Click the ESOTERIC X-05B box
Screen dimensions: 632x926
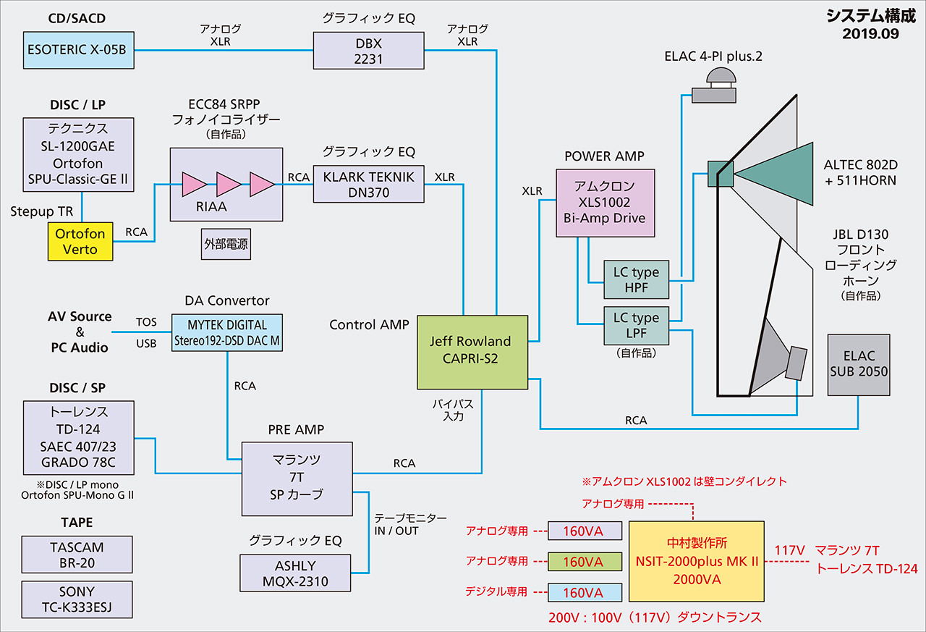click(x=79, y=50)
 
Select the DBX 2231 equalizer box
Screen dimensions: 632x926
click(x=368, y=50)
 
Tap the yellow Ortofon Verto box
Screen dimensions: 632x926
click(x=80, y=242)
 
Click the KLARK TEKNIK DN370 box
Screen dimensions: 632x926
click(x=368, y=184)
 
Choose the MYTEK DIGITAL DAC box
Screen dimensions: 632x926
click(x=227, y=333)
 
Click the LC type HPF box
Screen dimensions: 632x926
click(x=636, y=280)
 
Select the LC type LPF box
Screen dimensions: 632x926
click(x=636, y=325)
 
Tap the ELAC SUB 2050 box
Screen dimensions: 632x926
click(x=859, y=364)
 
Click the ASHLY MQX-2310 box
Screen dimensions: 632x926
click(x=294, y=573)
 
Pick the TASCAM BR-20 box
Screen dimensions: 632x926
click(x=77, y=555)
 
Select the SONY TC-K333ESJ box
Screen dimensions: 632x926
click(x=77, y=599)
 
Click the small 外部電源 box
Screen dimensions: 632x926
click(x=226, y=245)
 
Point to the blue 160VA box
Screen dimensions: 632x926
click(x=585, y=592)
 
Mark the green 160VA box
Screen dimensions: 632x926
click(x=585, y=561)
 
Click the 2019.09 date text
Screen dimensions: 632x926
click(x=870, y=33)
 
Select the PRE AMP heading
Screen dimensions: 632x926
click(x=296, y=429)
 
